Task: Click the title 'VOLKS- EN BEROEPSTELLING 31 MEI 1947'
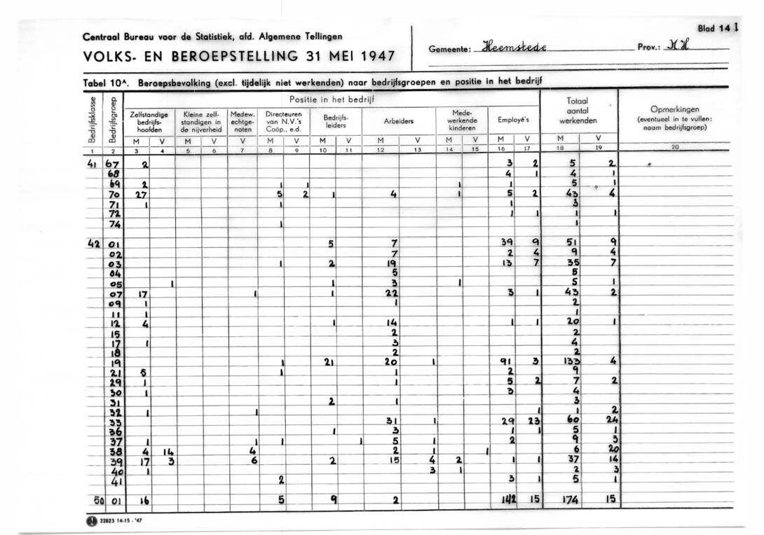tap(239, 56)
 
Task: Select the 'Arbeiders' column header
tap(398, 120)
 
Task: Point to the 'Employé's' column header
tap(513, 120)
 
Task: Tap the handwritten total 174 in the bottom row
tap(569, 500)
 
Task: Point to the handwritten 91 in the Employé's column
tap(505, 362)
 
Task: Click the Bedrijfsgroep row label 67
tap(112, 163)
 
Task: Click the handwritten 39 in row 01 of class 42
tap(507, 242)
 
